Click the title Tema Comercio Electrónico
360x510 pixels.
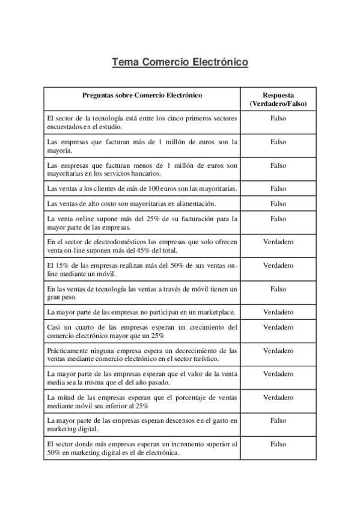[180, 63]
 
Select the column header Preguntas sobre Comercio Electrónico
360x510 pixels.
[142, 95]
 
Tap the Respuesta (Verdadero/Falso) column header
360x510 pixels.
[278, 99]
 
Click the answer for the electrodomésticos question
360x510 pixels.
[278, 242]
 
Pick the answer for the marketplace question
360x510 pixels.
[278, 312]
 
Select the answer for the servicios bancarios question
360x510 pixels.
[278, 165]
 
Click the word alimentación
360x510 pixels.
[195, 204]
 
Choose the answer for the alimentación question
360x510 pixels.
[278, 204]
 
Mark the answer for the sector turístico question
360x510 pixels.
[278, 351]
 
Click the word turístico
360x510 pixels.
[203, 359]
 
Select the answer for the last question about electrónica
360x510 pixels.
[278, 444]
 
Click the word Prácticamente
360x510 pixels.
[67, 351]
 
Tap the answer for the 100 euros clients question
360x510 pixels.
[278, 189]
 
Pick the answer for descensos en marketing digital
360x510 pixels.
[278, 420]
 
